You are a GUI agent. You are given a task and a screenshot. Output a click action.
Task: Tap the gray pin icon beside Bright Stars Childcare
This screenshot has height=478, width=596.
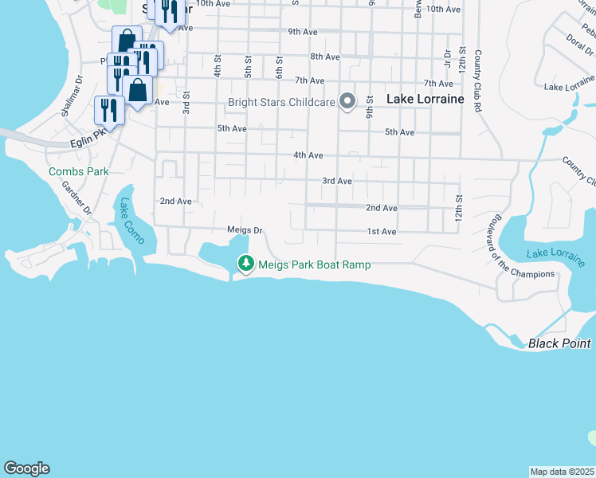(x=347, y=101)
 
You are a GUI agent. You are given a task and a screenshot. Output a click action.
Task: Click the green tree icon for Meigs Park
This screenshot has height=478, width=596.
(x=246, y=263)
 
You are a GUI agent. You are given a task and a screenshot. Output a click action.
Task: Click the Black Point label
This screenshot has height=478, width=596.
(x=559, y=343)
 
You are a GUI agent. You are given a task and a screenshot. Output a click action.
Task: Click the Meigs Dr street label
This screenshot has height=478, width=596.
(x=245, y=230)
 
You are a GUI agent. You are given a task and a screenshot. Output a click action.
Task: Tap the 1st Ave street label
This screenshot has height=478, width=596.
(x=382, y=232)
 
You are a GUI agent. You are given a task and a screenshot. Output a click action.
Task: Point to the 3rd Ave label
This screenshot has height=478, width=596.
(x=337, y=181)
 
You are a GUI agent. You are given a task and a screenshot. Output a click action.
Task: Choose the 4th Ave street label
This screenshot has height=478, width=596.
(x=308, y=155)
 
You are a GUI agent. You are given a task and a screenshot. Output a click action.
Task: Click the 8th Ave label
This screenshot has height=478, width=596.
(x=325, y=57)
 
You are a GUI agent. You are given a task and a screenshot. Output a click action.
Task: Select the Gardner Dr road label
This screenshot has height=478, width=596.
(x=77, y=197)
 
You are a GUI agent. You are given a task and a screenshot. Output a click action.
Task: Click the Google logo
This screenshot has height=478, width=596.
(x=27, y=468)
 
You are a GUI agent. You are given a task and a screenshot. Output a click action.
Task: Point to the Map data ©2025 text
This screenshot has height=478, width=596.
(x=562, y=472)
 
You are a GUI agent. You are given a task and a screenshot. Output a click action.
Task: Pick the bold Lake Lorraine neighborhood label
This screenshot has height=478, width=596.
(x=425, y=99)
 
